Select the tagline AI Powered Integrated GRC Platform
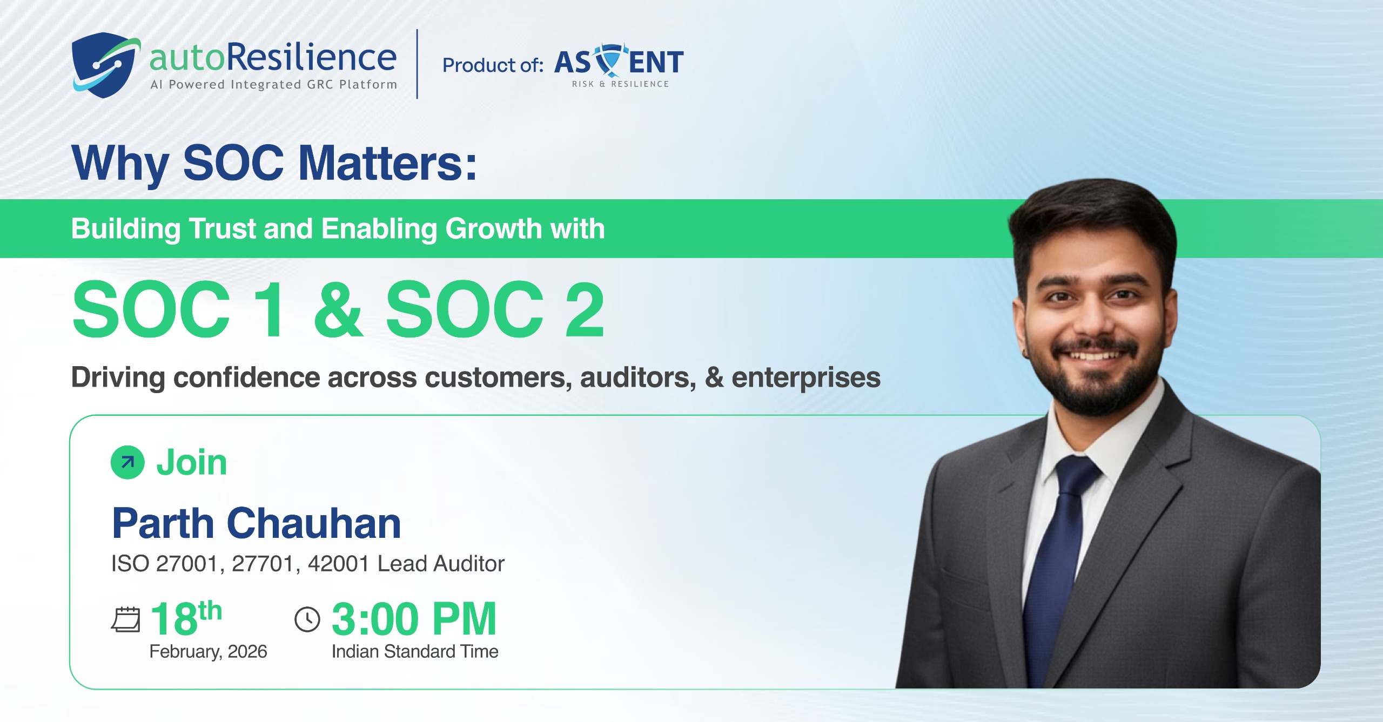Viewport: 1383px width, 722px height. click(x=274, y=84)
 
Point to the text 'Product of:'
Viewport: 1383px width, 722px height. click(x=493, y=65)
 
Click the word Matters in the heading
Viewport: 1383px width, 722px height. click(x=388, y=163)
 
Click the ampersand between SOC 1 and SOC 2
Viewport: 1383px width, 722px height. click(x=339, y=309)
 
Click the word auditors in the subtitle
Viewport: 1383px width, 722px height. click(x=638, y=377)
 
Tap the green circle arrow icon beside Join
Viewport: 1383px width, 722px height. click(x=127, y=462)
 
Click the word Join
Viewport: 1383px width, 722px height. click(x=192, y=463)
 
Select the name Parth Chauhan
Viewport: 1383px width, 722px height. click(x=257, y=523)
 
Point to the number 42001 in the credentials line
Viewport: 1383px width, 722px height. click(x=339, y=564)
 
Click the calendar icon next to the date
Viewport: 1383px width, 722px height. click(x=125, y=619)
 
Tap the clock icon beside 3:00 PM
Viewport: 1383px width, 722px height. click(x=307, y=619)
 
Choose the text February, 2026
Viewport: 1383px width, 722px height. click(x=208, y=652)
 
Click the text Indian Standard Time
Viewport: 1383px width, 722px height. click(x=415, y=652)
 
